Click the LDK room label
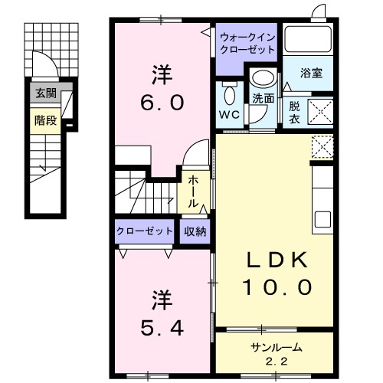click(277, 261)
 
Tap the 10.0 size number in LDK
click(277, 287)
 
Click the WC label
click(229, 114)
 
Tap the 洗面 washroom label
click(264, 99)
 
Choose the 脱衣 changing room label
click(295, 112)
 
